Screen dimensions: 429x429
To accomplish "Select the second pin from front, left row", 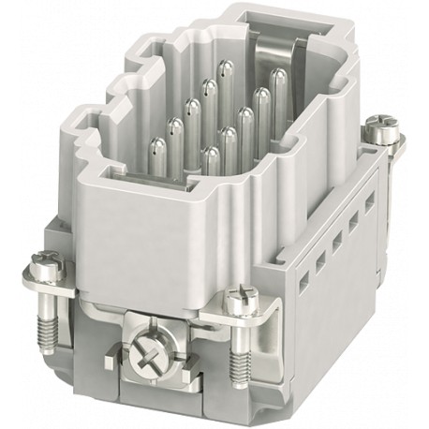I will tap(174, 126).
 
